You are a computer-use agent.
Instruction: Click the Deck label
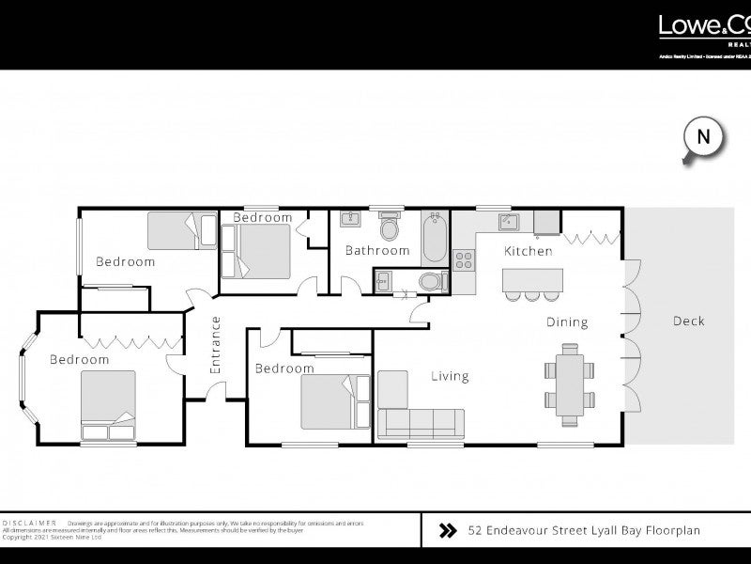(688, 321)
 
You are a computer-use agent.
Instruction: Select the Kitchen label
(529, 251)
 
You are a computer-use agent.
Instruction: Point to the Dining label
(567, 322)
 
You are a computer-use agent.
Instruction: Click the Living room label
(450, 377)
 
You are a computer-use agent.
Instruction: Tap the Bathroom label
(377, 251)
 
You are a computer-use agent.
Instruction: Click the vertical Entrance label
(215, 345)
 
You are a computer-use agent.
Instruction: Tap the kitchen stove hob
(464, 259)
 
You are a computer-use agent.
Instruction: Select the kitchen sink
(510, 222)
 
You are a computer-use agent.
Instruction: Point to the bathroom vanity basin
(349, 220)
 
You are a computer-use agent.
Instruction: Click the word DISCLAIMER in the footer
(29, 522)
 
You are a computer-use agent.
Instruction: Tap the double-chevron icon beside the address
(448, 531)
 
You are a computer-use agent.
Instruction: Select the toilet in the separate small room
(428, 281)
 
